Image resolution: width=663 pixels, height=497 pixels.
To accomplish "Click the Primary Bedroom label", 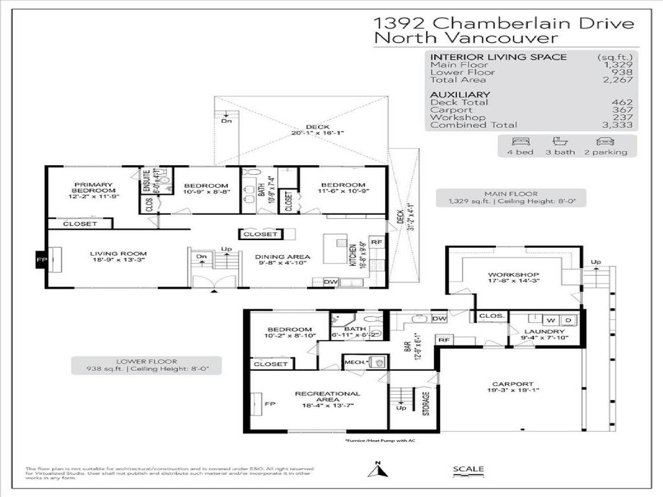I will [x=93, y=188].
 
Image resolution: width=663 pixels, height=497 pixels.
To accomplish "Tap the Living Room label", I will [x=118, y=254].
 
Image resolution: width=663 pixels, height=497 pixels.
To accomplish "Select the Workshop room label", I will [x=513, y=275].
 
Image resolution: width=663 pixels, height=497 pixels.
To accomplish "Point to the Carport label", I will [x=512, y=384].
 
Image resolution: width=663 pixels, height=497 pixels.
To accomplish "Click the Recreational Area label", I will [x=327, y=393].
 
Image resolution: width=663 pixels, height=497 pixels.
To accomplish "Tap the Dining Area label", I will [x=282, y=257].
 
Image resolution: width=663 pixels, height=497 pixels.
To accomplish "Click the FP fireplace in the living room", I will [x=39, y=260].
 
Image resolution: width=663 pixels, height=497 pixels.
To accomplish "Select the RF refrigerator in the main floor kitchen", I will [x=376, y=242].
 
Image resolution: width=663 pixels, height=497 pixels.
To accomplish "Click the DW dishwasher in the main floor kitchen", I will [x=330, y=282].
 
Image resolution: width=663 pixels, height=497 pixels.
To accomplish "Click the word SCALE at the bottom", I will [x=468, y=469].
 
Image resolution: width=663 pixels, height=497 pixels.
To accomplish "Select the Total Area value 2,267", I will [x=619, y=80].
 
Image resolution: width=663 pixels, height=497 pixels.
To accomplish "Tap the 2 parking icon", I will [x=604, y=141].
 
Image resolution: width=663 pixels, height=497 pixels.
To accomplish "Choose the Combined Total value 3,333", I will [x=619, y=125].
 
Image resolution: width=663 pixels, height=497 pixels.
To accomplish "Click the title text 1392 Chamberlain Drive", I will [x=504, y=23].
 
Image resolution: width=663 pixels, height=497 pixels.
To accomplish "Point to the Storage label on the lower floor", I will [x=425, y=403].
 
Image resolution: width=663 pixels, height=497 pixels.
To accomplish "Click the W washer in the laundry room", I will [x=552, y=319].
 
